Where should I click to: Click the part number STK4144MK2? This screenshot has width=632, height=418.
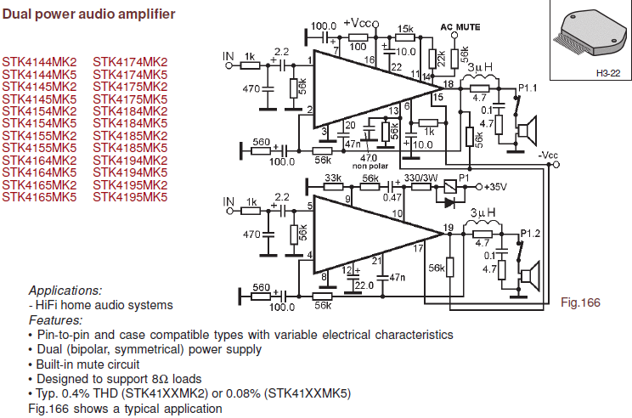click(39, 62)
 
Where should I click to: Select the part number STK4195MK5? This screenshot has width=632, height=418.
click(130, 197)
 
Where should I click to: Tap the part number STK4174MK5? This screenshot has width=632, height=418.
click(130, 75)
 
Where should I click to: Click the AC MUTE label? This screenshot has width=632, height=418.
click(460, 27)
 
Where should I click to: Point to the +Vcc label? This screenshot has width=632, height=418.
click(358, 23)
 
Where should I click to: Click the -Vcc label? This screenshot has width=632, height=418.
click(548, 155)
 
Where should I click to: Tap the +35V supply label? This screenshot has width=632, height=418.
click(495, 187)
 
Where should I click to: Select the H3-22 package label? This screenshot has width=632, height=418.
click(608, 73)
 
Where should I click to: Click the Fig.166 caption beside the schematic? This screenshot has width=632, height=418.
click(580, 302)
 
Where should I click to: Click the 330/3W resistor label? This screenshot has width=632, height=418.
click(420, 178)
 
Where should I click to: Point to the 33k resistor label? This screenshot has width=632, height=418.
click(333, 178)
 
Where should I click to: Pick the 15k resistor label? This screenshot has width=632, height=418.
click(405, 29)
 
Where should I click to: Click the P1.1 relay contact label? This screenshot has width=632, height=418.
click(528, 88)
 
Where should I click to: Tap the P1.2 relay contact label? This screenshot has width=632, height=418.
click(530, 234)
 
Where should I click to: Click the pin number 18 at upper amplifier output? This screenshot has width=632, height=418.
click(449, 83)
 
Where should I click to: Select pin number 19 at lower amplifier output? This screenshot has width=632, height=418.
click(449, 228)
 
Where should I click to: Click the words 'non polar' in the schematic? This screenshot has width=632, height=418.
click(370, 166)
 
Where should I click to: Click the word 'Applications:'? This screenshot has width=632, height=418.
click(65, 291)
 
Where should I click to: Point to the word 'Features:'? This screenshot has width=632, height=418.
click(55, 320)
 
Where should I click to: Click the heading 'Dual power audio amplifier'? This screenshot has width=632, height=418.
click(88, 14)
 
